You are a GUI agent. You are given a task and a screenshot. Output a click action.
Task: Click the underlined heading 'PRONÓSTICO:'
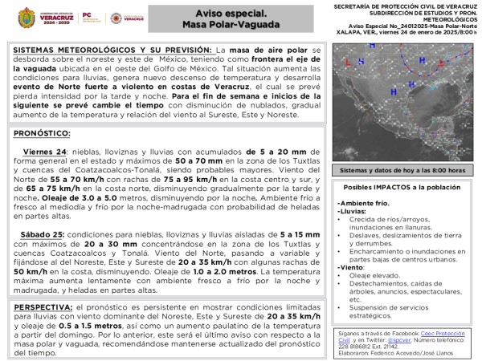pyautogui.click(x=43, y=132)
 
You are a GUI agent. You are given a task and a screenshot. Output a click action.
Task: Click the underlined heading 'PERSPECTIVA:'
pyautogui.click(x=47, y=307)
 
